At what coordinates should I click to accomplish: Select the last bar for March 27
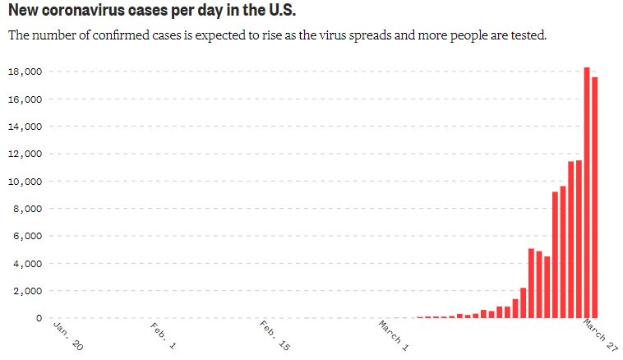point(594,197)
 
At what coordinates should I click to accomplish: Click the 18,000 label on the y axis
point(25,72)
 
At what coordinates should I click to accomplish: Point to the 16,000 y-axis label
point(25,99)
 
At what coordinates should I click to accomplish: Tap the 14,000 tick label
point(25,127)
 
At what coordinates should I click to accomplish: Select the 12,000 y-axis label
point(25,154)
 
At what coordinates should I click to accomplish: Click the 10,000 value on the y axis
point(25,182)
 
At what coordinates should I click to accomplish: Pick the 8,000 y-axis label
point(28,209)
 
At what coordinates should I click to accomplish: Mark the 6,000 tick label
point(28,236)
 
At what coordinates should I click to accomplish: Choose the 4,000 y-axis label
point(28,264)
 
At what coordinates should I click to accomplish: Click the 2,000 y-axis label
point(28,291)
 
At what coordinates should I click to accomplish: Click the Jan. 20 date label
point(67,335)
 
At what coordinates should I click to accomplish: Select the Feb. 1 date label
point(164,336)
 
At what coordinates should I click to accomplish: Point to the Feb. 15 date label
point(274,337)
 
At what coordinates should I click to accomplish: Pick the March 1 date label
point(394,337)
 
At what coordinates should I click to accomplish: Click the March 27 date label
point(600,336)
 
